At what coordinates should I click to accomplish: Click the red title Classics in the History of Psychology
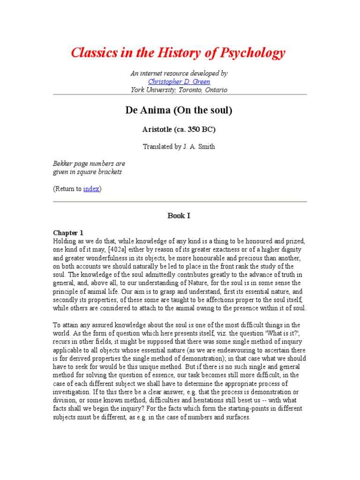pos(178,53)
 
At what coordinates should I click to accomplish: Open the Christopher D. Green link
pos(179,82)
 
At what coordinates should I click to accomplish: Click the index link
pos(91,189)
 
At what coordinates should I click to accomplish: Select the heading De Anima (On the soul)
pos(179,111)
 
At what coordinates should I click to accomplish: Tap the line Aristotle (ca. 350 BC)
pos(179,129)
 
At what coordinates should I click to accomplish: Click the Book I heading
pos(179,216)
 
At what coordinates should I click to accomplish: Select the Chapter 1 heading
pos(67,232)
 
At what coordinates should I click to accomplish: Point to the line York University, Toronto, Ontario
pos(179,90)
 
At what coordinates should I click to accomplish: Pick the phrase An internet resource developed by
pos(179,74)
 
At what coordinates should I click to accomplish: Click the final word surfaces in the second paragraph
pos(236,418)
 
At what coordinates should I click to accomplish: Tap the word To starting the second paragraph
pos(57,325)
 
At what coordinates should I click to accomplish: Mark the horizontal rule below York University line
pos(179,95)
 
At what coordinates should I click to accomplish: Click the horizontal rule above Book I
pos(179,202)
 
